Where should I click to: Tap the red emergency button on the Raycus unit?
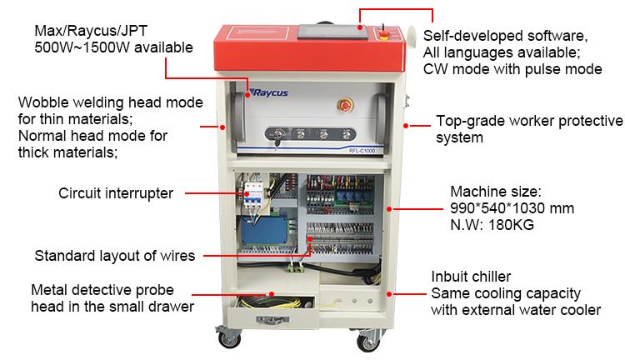pos(345,105)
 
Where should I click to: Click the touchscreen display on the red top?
pos(332,31)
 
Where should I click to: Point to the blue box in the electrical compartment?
pos(264,230)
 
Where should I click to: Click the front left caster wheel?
pos(230,338)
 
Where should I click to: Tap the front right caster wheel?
pos(367,342)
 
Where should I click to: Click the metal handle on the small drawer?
pos(272,319)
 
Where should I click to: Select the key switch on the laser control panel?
pos(276,135)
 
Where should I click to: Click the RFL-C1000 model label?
pos(362,151)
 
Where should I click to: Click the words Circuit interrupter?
pos(116,193)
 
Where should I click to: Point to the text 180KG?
pos(511,225)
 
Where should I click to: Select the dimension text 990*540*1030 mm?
pos(512,208)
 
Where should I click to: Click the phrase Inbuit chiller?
pos(471,277)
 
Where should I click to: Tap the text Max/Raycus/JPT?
pos(91,31)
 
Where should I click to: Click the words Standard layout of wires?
pos(115,256)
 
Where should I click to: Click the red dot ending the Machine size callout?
pos(389,209)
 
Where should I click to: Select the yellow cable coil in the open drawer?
pos(275,303)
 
